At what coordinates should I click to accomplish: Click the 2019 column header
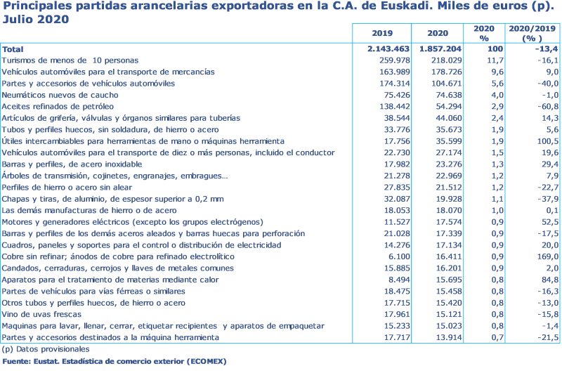[381, 33]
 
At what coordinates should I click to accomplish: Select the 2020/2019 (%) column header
[532, 33]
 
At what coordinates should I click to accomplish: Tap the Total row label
[12, 49]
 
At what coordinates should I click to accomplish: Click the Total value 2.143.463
[388, 49]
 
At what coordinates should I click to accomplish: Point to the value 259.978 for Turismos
[394, 60]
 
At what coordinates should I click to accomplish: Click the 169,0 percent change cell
[544, 256]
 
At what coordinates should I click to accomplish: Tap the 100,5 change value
[544, 141]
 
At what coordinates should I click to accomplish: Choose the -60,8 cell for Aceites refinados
[545, 107]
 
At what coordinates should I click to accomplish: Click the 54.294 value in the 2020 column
[446, 107]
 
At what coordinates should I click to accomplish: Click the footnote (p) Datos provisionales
[46, 349]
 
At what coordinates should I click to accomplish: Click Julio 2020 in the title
[35, 19]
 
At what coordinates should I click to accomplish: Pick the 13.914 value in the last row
[446, 337]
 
